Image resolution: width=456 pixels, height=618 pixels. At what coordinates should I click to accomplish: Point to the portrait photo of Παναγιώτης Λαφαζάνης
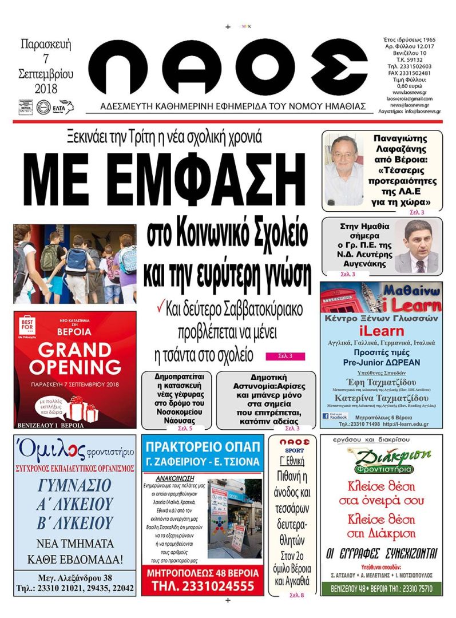[x=343, y=170]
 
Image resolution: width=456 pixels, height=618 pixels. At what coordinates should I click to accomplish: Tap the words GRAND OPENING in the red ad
[x=76, y=358]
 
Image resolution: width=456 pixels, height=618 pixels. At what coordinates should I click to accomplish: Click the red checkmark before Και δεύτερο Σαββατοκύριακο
[x=161, y=308]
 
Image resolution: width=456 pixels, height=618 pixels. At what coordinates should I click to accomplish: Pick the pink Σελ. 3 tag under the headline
[x=286, y=357]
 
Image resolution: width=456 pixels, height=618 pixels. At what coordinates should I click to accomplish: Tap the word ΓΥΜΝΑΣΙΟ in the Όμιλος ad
[x=75, y=486]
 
